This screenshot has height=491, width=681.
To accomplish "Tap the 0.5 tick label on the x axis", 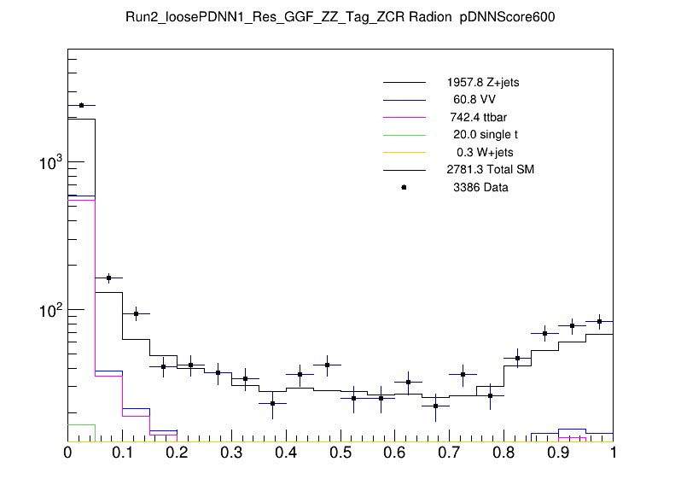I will (340, 453).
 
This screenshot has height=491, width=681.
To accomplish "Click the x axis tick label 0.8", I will (503, 453).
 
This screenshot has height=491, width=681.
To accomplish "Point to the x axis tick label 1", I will (613, 453).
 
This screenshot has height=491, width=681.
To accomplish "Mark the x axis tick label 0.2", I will (176, 453).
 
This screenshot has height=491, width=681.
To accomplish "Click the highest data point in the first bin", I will (81, 105).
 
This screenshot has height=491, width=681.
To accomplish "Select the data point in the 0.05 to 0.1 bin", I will (108, 278).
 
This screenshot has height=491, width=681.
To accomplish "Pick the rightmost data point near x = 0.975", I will (599, 322).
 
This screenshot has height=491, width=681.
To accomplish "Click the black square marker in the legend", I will (404, 187).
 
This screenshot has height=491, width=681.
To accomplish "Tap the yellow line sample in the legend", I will (404, 152).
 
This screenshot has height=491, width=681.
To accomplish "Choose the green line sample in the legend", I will (404, 135).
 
